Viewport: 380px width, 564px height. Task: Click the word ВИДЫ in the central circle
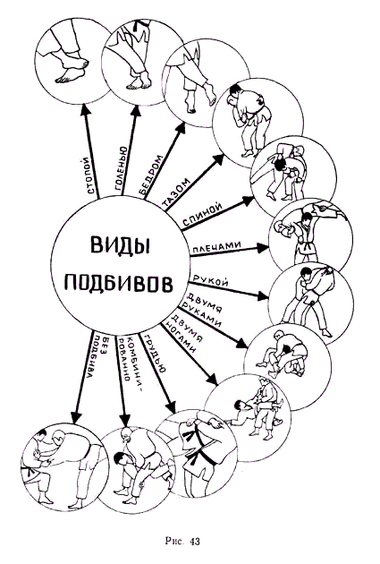pos(119,245)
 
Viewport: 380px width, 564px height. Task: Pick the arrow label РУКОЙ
pos(211,281)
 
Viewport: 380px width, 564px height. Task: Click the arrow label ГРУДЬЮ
pos(155,355)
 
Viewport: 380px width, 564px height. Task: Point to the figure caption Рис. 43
pos(182,542)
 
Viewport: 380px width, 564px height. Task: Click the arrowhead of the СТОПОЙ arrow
pos(85,110)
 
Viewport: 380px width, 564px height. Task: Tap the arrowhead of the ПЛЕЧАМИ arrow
pos(262,248)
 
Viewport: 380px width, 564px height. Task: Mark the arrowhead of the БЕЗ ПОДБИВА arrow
pos(76,418)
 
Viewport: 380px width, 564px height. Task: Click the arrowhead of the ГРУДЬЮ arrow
pos(172,406)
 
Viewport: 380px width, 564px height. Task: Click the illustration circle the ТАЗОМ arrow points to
pos(258,124)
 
